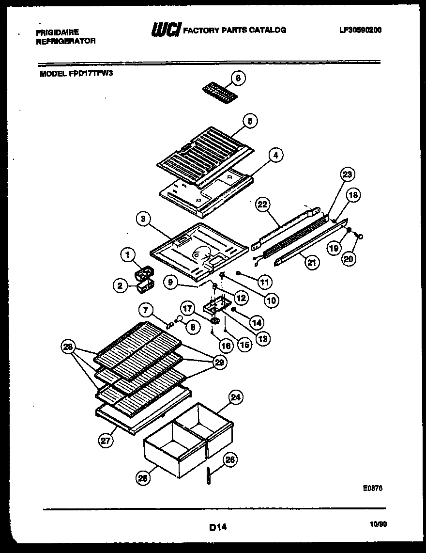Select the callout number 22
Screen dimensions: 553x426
[262, 205]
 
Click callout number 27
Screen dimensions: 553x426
[106, 441]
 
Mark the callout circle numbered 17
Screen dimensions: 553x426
[188, 308]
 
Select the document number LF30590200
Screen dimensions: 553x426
[361, 30]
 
